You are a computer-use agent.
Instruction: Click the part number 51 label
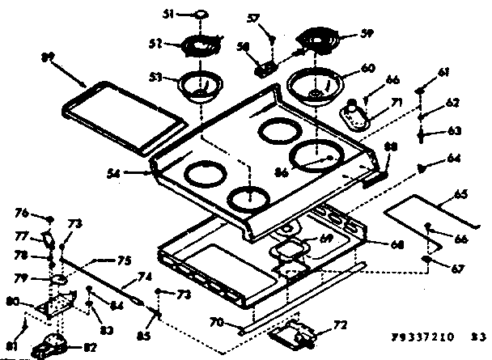click(x=169, y=15)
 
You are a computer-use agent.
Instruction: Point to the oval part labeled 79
click(x=58, y=279)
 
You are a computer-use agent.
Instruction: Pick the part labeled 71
click(x=357, y=116)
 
